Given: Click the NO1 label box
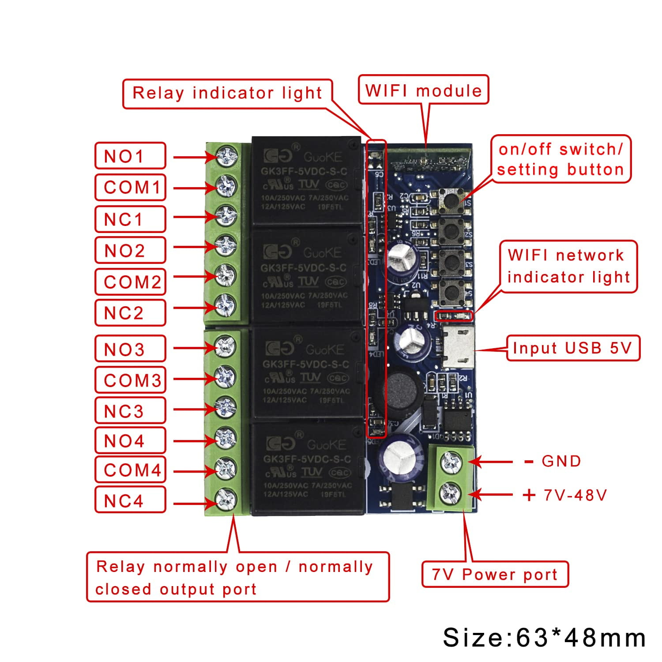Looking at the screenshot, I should pyautogui.click(x=130, y=155).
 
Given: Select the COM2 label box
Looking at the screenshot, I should pyautogui.click(x=130, y=282).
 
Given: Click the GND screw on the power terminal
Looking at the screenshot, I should pyautogui.click(x=452, y=462).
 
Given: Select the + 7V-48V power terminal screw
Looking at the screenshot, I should pyautogui.click(x=452, y=493).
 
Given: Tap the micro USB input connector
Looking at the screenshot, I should pyautogui.click(x=459, y=347).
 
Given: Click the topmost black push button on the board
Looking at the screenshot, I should pyautogui.click(x=451, y=200).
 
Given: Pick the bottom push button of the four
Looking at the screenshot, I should pyautogui.click(x=451, y=292).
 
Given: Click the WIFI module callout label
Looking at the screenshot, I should pyautogui.click(x=423, y=90).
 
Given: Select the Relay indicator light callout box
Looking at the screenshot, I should pyautogui.click(x=227, y=93).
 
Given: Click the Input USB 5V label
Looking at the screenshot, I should pyautogui.click(x=572, y=348).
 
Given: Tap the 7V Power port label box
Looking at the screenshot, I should pyautogui.click(x=495, y=574).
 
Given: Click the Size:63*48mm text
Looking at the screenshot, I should pyautogui.click(x=544, y=637).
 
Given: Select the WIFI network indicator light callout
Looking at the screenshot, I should pyautogui.click(x=568, y=266).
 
